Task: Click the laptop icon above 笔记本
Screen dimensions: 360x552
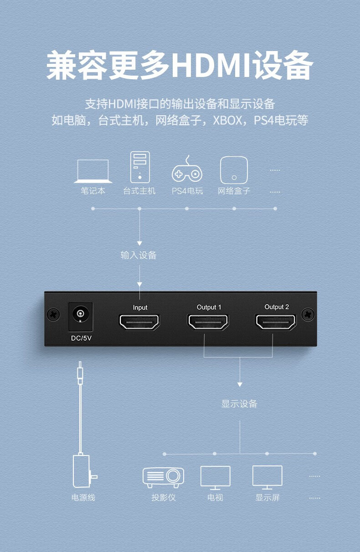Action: click(93, 171)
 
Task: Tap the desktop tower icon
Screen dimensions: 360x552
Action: click(140, 167)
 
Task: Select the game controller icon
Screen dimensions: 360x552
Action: click(187, 169)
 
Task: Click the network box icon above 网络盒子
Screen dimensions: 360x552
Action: click(234, 170)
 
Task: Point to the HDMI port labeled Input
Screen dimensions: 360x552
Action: click(139, 322)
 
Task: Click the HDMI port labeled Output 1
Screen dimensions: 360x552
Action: click(208, 322)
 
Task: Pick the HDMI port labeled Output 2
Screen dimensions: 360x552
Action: click(276, 322)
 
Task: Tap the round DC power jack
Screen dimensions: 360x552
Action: click(80, 314)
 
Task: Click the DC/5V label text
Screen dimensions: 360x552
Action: click(81, 338)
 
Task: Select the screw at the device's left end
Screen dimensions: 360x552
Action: click(53, 314)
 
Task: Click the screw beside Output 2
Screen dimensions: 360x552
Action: click(308, 314)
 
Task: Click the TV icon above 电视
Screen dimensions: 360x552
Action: click(215, 478)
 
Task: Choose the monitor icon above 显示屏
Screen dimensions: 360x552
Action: click(267, 478)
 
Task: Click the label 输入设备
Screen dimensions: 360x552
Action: click(139, 256)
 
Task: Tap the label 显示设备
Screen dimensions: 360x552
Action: click(239, 404)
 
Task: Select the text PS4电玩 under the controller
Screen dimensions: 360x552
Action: click(187, 191)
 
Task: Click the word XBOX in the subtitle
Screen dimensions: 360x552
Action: click(227, 121)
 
